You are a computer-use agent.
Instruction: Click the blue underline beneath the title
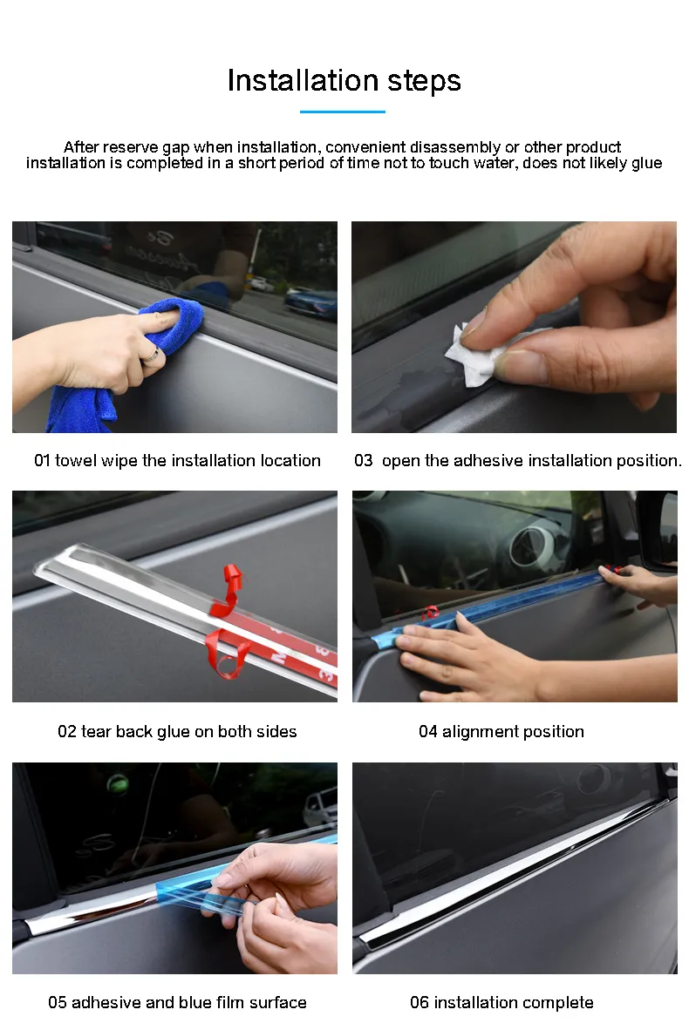[342, 112]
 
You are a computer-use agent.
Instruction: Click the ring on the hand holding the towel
[152, 353]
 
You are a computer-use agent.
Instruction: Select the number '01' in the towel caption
[43, 461]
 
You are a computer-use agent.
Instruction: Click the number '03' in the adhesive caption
[363, 461]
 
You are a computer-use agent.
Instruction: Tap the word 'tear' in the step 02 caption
[96, 732]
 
